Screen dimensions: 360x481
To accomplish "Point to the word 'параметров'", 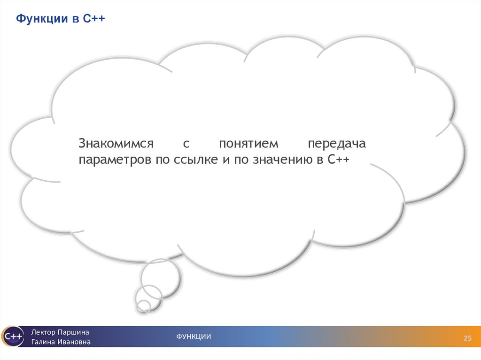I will (x=112, y=160).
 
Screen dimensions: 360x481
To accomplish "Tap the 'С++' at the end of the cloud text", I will (x=338, y=160).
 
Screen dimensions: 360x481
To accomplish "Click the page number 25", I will (x=467, y=339).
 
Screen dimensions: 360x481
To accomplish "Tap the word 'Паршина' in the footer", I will (x=73, y=332).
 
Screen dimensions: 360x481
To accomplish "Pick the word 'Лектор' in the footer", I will (x=43, y=332).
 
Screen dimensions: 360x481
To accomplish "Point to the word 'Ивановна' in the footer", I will (x=75, y=342).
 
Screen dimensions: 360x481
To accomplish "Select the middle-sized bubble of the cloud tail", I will (x=148, y=296).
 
